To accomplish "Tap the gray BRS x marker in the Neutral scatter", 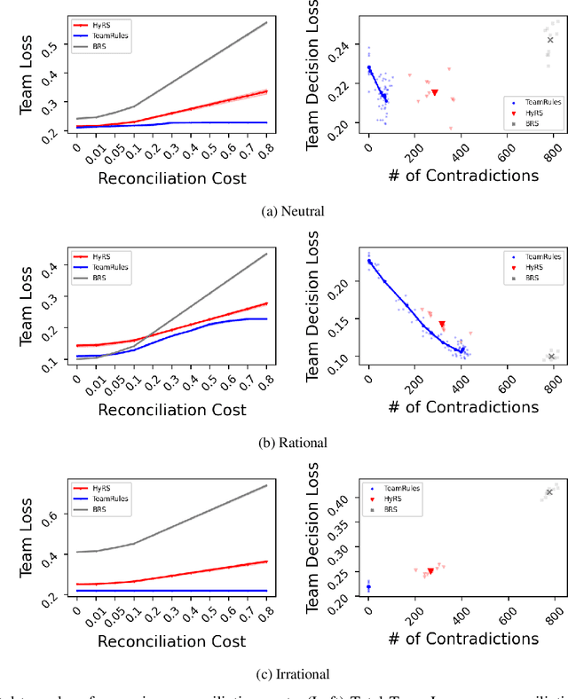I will (x=550, y=40).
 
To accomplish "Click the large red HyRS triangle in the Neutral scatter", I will (x=435, y=92).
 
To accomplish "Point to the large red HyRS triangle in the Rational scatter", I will (x=442, y=325).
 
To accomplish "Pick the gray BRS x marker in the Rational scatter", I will (x=551, y=357).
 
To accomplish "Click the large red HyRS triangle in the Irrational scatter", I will (x=430, y=571).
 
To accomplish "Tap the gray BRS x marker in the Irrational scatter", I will (x=549, y=492).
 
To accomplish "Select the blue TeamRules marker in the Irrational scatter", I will (x=369, y=587).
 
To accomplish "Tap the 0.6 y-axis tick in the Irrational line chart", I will (x=57, y=514).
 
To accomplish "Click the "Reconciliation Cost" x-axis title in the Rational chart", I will (x=171, y=409).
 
